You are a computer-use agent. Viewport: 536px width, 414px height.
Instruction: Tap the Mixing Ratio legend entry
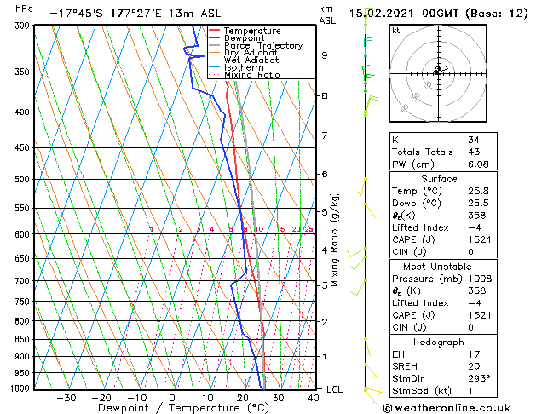pos(251,74)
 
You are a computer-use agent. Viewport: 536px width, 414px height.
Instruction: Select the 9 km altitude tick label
pos(324,55)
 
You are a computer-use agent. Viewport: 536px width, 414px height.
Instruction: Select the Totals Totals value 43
pos(474,152)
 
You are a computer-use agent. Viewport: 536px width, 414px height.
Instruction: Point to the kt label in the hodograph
pos(395,30)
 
